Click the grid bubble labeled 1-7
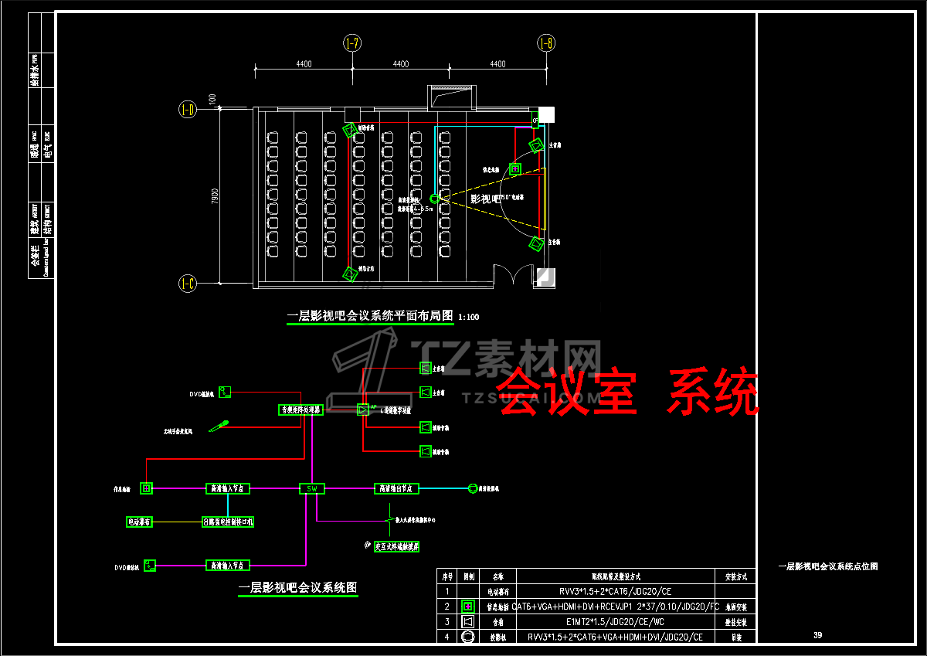pyautogui.click(x=352, y=43)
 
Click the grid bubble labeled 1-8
pyautogui.click(x=546, y=43)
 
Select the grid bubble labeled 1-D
pyautogui.click(x=187, y=110)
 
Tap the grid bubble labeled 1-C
pyautogui.click(x=187, y=284)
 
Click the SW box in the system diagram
pyautogui.click(x=312, y=488)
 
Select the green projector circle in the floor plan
pyautogui.click(x=435, y=199)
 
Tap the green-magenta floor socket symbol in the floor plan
pyautogui.click(x=515, y=169)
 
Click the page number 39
pyautogui.click(x=818, y=635)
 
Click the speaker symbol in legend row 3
pyautogui.click(x=467, y=621)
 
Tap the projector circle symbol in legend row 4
pyautogui.click(x=467, y=637)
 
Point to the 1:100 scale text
pyautogui.click(x=469, y=317)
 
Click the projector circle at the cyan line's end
pyautogui.click(x=473, y=488)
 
